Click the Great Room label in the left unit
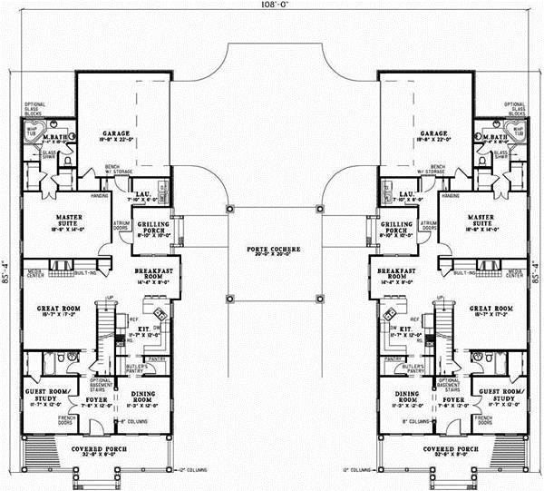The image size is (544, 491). [x=54, y=310]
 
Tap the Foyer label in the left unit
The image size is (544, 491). [x=92, y=397]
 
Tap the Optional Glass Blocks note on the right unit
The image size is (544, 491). [x=515, y=109]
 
